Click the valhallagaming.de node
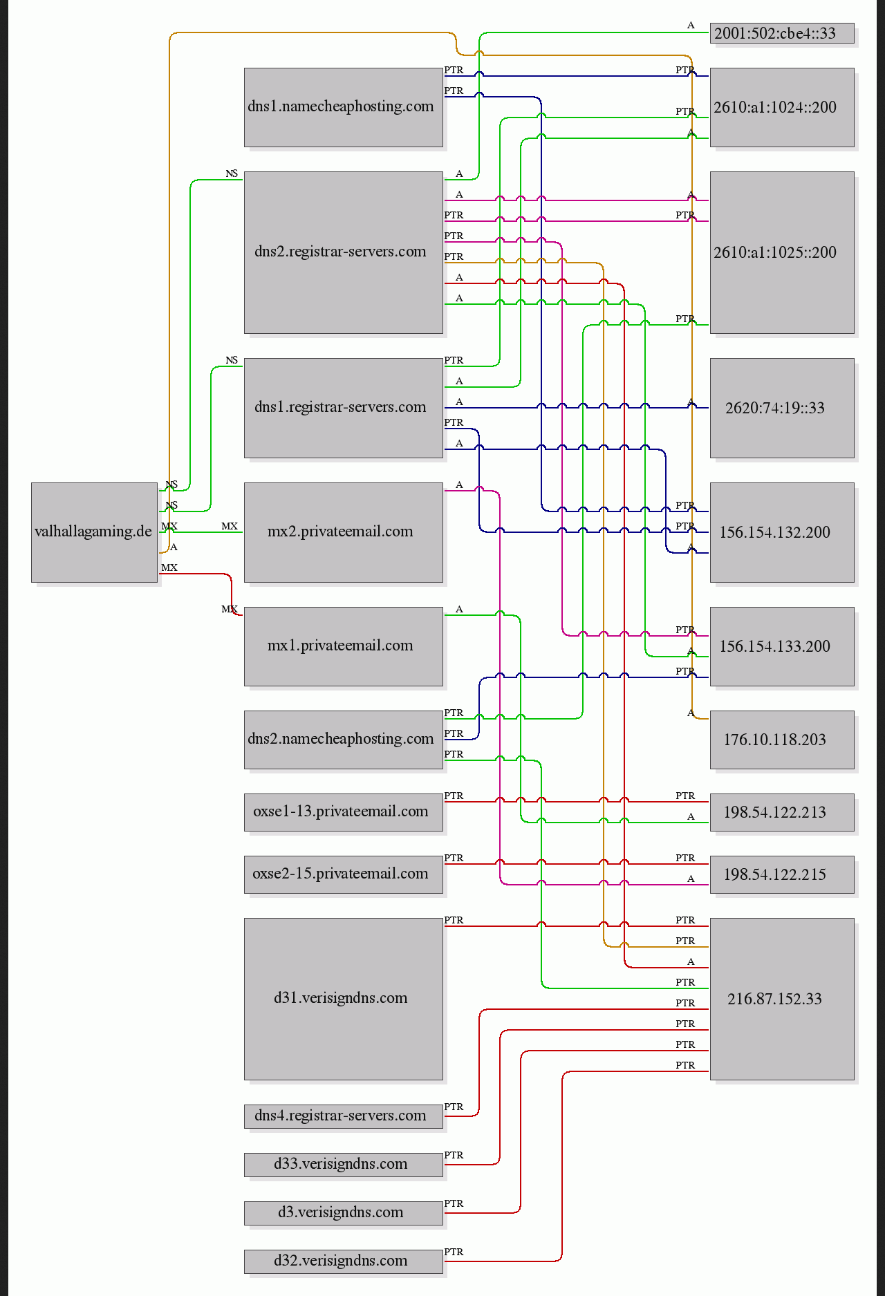(95, 532)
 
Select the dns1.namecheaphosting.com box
(344, 107)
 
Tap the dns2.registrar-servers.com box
(344, 252)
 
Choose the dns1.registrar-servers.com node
(344, 408)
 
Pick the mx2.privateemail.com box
(344, 532)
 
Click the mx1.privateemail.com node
(344, 646)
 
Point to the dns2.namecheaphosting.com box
(344, 740)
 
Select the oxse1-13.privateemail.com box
(344, 812)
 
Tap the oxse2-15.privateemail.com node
(344, 874)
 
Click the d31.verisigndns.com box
(344, 999)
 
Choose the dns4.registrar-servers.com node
(344, 1116)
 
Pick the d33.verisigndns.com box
(344, 1165)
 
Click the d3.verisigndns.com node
(344, 1213)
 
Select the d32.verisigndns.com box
(344, 1261)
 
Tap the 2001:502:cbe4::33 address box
(782, 33)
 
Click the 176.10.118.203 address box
(782, 740)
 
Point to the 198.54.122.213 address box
(782, 812)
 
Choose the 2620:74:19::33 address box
(782, 408)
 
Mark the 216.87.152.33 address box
(782, 999)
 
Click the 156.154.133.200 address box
(782, 646)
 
